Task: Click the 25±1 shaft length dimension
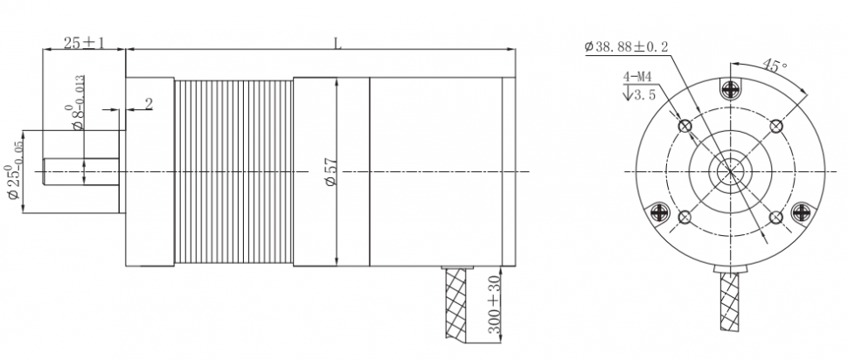coord(84,43)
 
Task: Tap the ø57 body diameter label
coord(331,172)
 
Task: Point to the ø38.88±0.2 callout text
coord(626,47)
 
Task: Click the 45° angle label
coord(775,66)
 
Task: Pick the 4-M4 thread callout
coord(637,77)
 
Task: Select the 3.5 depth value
coord(644,95)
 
